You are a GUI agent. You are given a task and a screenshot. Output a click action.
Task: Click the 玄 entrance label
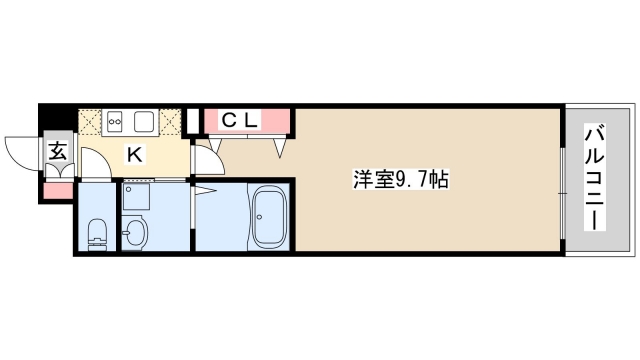click(x=57, y=153)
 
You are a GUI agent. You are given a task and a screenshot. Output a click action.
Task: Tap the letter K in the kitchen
click(x=133, y=154)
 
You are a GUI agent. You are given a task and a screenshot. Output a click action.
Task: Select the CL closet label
click(x=240, y=121)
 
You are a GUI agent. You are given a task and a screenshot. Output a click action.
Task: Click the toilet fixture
click(x=97, y=234)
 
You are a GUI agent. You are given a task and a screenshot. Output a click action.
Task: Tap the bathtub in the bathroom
click(x=271, y=217)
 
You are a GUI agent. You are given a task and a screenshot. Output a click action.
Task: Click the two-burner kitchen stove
click(x=116, y=122)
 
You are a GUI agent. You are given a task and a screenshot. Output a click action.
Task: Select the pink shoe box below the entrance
click(x=56, y=190)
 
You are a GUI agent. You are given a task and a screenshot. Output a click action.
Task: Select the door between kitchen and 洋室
click(x=206, y=160)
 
